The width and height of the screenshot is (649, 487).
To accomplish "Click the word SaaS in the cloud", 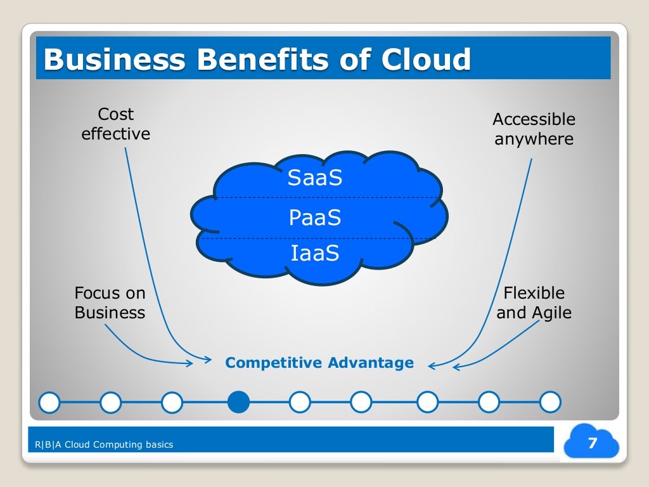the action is (x=315, y=178).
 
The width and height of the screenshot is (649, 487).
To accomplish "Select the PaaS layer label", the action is (x=315, y=218).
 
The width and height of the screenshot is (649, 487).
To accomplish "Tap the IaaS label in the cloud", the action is (x=315, y=254).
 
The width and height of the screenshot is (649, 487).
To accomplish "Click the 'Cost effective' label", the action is (x=116, y=124).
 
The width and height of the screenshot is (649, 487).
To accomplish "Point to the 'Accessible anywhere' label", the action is (x=534, y=129).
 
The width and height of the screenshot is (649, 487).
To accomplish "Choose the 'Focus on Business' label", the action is (x=110, y=302).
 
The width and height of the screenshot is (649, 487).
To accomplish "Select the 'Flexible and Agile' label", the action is (x=534, y=302).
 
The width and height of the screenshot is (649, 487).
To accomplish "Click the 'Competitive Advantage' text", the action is (x=319, y=363).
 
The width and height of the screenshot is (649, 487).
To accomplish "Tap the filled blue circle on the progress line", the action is (x=238, y=401).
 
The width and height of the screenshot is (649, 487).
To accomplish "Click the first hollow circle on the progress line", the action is (x=49, y=401).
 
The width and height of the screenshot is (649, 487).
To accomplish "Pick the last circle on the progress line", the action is (x=550, y=401).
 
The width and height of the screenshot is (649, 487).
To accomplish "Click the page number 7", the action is (x=593, y=443).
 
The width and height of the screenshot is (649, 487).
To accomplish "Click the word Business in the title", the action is (x=115, y=60).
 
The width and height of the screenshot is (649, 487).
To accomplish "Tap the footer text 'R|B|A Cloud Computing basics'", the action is (x=105, y=445).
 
